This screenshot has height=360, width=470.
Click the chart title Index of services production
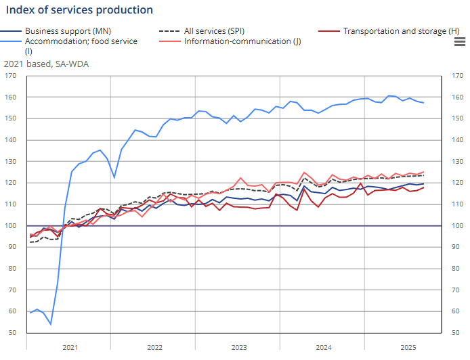[x=79, y=10]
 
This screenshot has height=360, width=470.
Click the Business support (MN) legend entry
[x=68, y=31]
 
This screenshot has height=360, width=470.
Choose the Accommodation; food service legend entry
[x=81, y=41]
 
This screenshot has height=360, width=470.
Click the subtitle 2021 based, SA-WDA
[x=46, y=64]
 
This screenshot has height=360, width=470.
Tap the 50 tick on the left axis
[x=12, y=333]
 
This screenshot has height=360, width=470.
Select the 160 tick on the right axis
[x=457, y=97]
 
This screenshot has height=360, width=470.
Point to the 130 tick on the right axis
[x=457, y=162]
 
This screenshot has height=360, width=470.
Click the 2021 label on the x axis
[x=70, y=347]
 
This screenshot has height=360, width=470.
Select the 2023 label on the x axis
[x=239, y=347]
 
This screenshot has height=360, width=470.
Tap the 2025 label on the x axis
[x=408, y=347]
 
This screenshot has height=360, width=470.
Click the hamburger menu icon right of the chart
[x=458, y=162]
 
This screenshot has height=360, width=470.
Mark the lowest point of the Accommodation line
[x=51, y=324]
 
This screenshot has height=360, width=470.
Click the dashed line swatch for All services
[x=169, y=31]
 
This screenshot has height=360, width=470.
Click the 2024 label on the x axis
[x=323, y=347]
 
